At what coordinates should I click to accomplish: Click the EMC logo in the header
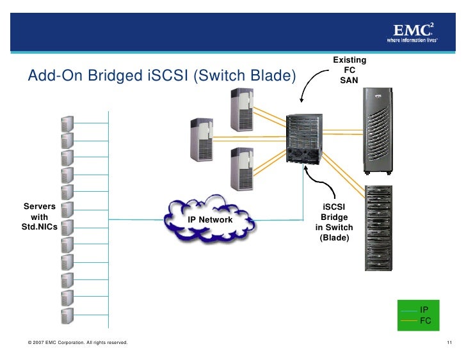click(x=412, y=32)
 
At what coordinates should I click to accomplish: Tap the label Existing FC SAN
click(x=349, y=70)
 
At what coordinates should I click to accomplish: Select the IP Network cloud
click(x=210, y=219)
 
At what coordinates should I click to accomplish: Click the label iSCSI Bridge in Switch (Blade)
click(x=333, y=223)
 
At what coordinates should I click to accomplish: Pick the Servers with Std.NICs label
click(x=39, y=217)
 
